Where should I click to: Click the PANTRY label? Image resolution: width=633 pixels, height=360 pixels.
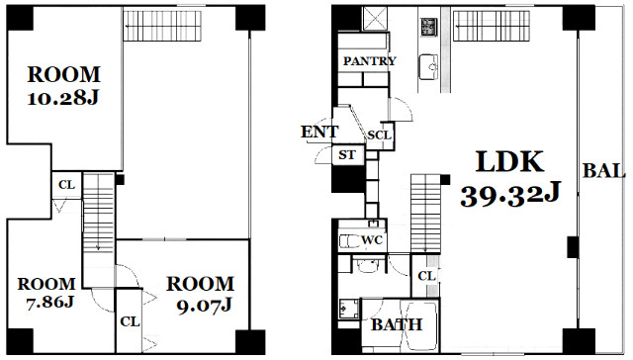point(369,61)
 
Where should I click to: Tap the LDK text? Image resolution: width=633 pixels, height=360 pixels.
point(510,161)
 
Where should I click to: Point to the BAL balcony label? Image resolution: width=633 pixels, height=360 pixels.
point(604,171)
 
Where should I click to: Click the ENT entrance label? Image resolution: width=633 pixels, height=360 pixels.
point(319,132)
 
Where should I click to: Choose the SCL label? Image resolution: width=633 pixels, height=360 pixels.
point(379,135)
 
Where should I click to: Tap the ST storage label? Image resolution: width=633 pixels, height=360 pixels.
point(347,154)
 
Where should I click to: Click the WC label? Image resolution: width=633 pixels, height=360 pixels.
point(372,240)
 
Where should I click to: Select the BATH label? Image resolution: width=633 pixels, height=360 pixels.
point(397,324)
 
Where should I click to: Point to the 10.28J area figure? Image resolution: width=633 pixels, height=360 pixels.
point(63,99)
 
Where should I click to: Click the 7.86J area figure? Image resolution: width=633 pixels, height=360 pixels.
point(49,302)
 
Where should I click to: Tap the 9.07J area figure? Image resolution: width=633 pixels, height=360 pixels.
point(204,305)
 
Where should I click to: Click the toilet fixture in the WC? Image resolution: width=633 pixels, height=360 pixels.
point(349,241)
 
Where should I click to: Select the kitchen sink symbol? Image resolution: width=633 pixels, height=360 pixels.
point(428,66)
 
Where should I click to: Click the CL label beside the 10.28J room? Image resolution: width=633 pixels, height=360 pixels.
point(66,185)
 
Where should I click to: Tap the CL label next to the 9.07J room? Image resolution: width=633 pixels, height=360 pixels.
point(130,321)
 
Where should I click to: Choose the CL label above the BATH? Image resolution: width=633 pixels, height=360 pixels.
point(426,276)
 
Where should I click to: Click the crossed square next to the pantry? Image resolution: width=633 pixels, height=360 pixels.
point(375,19)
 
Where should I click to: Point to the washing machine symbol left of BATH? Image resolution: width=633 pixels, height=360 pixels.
point(349,309)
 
